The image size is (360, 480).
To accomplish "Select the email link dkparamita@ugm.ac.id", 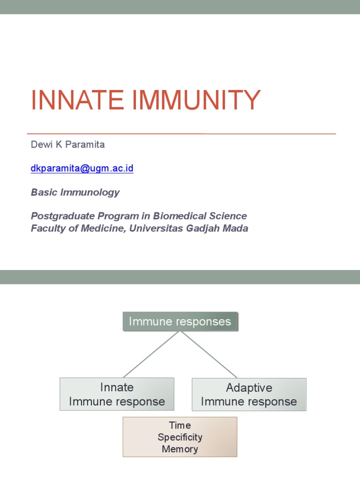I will click(82, 168).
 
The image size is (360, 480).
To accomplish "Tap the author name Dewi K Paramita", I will click(68, 144).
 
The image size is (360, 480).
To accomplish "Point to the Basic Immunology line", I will click(75, 192).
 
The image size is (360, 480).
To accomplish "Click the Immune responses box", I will click(180, 322).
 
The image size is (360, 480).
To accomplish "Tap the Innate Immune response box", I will click(117, 394).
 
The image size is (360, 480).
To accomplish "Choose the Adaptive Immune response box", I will click(249, 394).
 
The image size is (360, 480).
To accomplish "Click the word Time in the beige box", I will click(180, 425).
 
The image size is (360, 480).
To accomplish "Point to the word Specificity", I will click(180, 437).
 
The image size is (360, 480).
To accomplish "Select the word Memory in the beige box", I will click(180, 449).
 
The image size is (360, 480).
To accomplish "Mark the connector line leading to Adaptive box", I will click(209, 354).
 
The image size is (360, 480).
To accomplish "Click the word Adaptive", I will click(249, 388).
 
